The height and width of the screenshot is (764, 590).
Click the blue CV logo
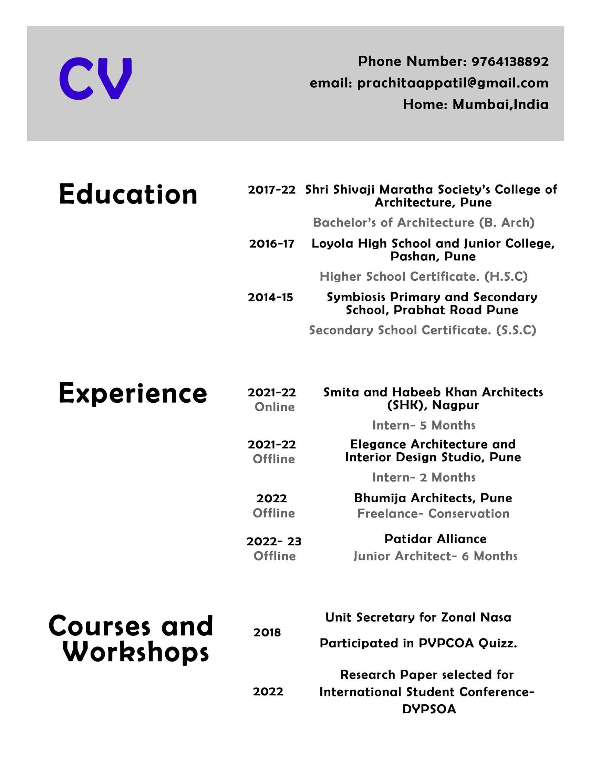point(95,78)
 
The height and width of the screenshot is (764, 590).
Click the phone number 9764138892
point(510,62)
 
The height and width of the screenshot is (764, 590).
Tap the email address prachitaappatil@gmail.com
point(453,83)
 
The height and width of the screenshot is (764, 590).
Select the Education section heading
point(128,194)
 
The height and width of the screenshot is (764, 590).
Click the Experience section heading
point(133,393)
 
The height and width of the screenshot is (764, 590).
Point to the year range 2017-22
point(272,190)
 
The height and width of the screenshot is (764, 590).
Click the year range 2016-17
point(272,244)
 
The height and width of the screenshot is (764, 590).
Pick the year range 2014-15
point(270,298)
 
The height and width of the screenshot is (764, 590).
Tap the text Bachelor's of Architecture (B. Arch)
point(424,222)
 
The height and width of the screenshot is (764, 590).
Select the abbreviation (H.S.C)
point(506,277)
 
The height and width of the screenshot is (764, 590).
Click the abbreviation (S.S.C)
point(516,330)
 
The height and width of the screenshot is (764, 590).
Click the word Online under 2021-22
point(275,407)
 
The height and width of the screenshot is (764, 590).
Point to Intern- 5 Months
point(424,425)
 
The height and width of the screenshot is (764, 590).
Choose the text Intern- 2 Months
point(424,477)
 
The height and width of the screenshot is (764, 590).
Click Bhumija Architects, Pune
point(433,498)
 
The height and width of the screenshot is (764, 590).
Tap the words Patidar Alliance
point(435,539)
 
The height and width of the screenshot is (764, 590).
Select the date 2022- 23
point(274,542)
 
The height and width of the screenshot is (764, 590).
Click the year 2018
point(267,632)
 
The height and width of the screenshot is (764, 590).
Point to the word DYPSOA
point(429,709)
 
